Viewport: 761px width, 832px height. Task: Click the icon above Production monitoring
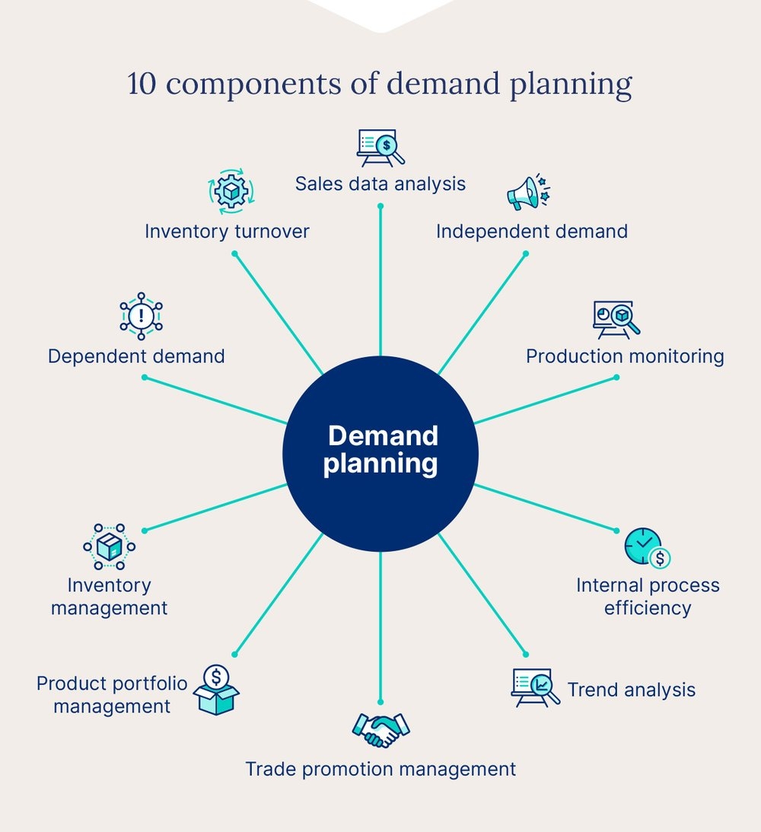click(616, 319)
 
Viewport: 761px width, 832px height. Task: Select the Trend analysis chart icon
click(534, 687)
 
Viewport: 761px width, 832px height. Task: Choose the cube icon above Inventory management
click(109, 547)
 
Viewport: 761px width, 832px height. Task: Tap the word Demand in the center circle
click(383, 436)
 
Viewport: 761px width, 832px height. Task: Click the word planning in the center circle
click(380, 464)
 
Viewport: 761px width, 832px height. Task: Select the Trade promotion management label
click(380, 769)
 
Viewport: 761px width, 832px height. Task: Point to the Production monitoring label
click(625, 356)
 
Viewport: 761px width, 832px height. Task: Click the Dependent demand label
click(136, 356)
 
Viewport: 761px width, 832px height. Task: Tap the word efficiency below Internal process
click(648, 608)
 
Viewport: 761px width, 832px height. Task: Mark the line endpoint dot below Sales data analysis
click(380, 206)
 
